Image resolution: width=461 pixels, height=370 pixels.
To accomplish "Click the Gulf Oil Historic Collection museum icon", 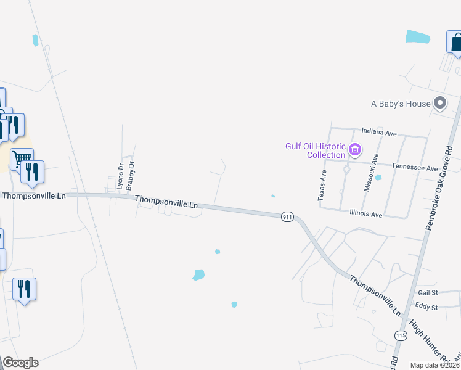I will tap(354, 149).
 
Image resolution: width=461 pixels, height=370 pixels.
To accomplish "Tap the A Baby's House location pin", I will tap(439, 104).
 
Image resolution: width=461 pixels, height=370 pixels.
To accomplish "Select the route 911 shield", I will tap(287, 217).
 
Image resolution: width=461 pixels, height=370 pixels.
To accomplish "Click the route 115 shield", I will tap(401, 335).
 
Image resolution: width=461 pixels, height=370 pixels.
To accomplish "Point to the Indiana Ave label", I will tap(379, 132).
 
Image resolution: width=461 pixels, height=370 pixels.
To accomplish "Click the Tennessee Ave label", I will tap(415, 168).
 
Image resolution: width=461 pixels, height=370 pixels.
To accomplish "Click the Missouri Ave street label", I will tap(367, 173).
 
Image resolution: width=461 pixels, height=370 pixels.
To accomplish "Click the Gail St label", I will tap(427, 292).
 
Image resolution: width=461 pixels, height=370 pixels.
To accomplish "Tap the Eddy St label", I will tap(426, 306).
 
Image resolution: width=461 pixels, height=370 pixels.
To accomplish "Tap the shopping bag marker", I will tap(456, 43).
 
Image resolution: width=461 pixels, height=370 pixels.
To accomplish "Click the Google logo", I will tap(20, 363).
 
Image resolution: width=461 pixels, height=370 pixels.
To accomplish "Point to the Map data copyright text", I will tap(434, 365).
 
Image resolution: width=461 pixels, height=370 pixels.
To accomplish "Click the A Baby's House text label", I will tap(401, 104).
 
